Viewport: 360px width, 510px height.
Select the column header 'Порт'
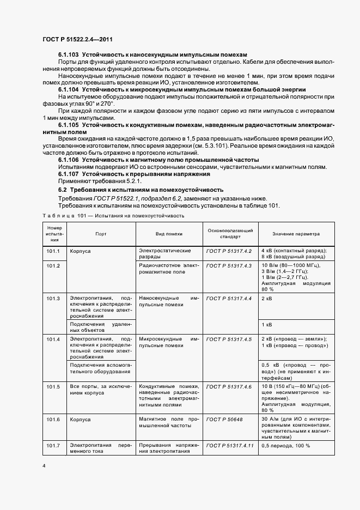click(101, 233)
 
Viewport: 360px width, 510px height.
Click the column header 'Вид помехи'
click(169, 233)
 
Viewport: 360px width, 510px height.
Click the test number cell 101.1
click(53, 251)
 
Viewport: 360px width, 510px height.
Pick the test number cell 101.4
click(53, 339)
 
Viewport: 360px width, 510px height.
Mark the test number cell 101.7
click(53, 446)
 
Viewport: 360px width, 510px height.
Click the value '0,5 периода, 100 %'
click(286, 446)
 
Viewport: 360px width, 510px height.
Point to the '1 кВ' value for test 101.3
click(267, 325)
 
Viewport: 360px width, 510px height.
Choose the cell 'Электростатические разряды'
click(165, 253)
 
